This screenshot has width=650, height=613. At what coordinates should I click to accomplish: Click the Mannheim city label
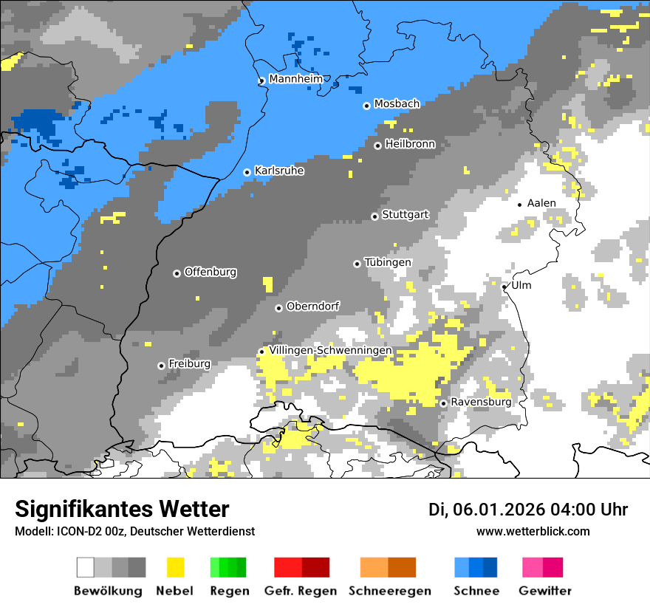[295, 79]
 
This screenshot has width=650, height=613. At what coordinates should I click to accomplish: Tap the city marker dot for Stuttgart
[374, 216]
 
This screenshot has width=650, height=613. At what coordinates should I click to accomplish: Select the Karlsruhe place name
[278, 171]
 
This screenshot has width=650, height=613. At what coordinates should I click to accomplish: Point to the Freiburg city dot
[161, 366]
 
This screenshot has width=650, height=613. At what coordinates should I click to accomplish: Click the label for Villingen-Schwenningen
[330, 350]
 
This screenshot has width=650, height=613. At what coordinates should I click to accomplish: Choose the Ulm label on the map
[521, 285]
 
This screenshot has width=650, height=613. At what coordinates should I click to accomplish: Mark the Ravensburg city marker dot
[443, 403]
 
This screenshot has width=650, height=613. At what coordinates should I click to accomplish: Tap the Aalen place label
[541, 203]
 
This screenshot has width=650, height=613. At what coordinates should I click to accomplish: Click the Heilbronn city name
[410, 144]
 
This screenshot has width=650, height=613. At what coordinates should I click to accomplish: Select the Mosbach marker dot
[366, 106]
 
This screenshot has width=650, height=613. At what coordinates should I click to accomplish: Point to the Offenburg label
[210, 272]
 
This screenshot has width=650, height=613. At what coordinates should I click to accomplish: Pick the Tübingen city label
[388, 262]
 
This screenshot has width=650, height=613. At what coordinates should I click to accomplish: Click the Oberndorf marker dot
[278, 308]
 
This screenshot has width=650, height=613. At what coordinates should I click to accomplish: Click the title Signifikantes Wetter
[122, 509]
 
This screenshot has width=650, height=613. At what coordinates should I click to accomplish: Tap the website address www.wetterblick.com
[533, 531]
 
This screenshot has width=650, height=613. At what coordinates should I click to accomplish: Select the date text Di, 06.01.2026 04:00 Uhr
[528, 510]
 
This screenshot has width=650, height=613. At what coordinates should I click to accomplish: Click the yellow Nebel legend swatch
[175, 567]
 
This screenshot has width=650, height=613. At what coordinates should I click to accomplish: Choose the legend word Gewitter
[544, 591]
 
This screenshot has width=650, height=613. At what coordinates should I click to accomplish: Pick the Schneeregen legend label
[389, 591]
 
